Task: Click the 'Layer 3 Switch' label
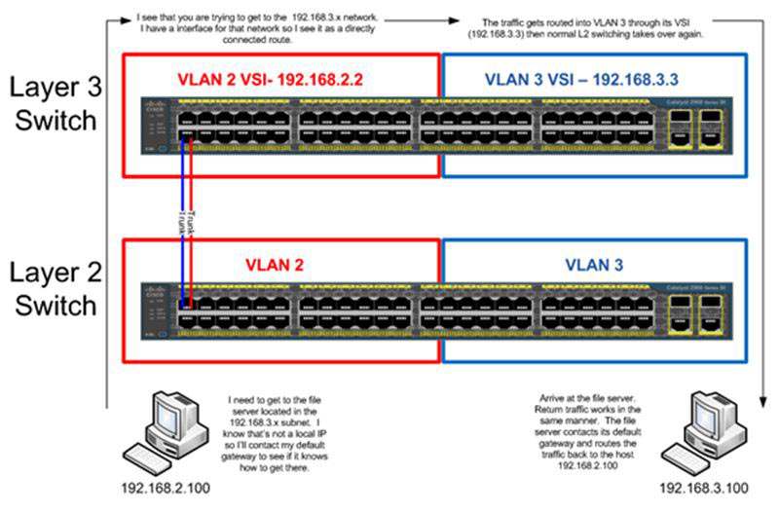click(x=54, y=102)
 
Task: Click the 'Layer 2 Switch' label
click(x=54, y=288)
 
